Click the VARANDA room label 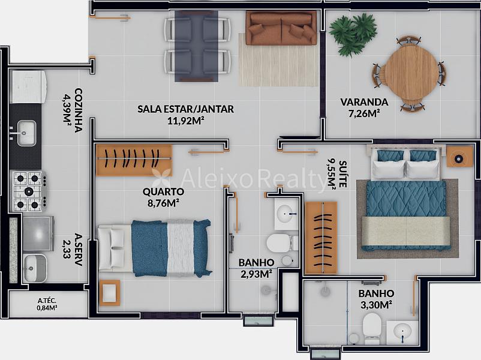(364, 102)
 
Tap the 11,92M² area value (186, 121)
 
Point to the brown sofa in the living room (281, 29)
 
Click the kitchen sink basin (26, 133)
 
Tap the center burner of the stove (29, 191)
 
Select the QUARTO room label (164, 191)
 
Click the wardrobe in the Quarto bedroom (134, 160)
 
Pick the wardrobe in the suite (321, 238)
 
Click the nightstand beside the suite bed (459, 157)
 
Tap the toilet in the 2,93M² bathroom (281, 243)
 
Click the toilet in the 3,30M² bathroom (372, 328)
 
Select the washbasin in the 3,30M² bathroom (402, 332)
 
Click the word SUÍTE (343, 174)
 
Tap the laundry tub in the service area (35, 268)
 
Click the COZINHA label (79, 110)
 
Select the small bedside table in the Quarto (110, 293)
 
